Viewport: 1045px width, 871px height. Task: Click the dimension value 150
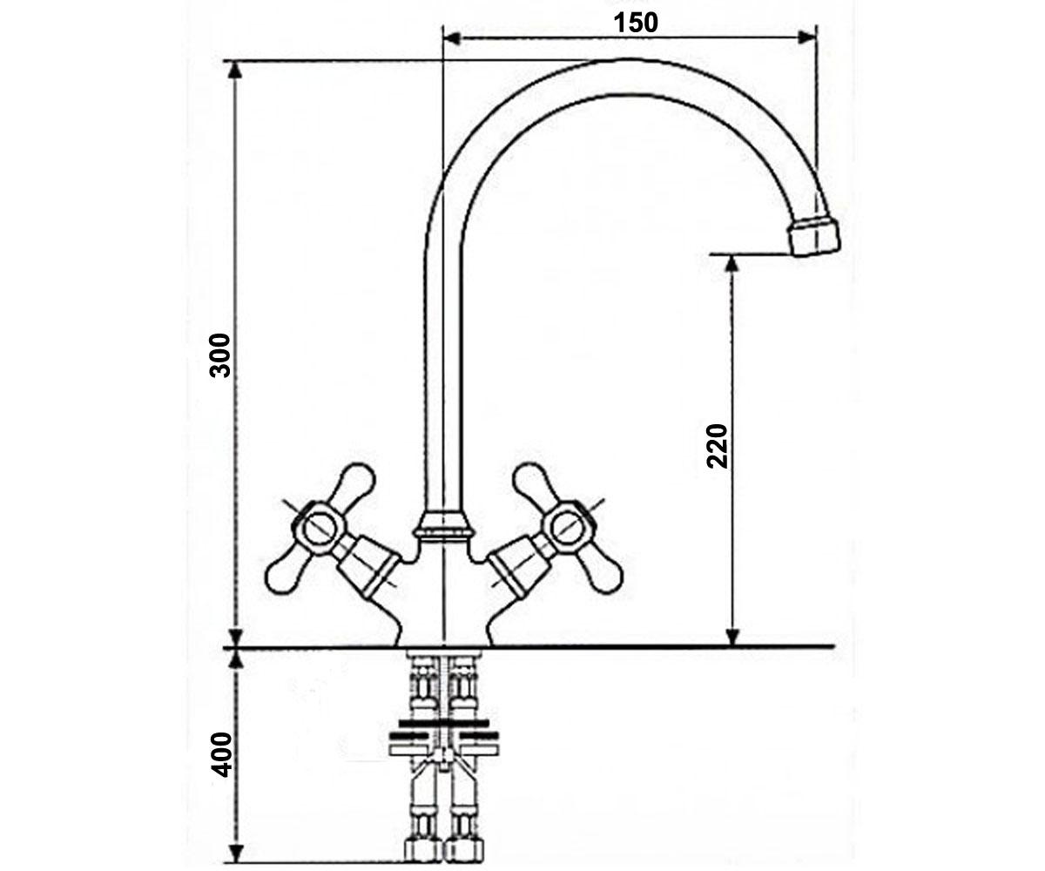click(x=636, y=23)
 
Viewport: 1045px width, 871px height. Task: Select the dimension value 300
click(x=219, y=354)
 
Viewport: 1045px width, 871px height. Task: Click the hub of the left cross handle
click(x=319, y=528)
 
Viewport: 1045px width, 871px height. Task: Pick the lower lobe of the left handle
click(x=284, y=575)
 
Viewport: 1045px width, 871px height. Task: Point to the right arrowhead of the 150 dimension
click(x=806, y=37)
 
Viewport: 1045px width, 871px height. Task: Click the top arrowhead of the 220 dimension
click(x=732, y=264)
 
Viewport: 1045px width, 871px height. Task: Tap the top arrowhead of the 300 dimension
click(x=235, y=71)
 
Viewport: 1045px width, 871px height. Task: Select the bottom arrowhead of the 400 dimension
click(x=236, y=854)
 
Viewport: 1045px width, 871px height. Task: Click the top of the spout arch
click(x=621, y=60)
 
